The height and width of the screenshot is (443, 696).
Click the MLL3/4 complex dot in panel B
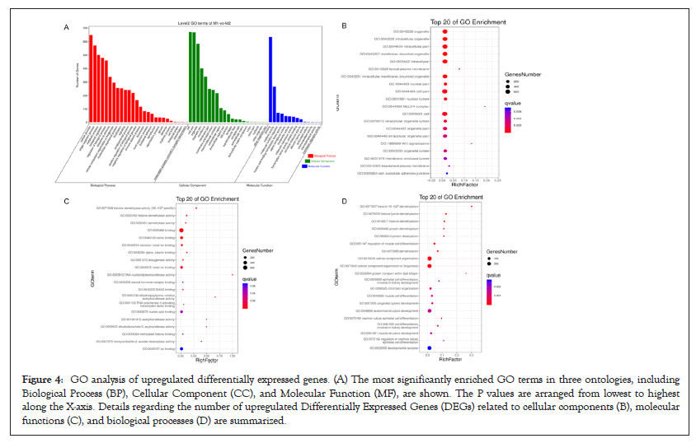pyautogui.click(x=485, y=106)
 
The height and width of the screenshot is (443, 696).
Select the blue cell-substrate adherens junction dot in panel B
pyautogui.click(x=447, y=173)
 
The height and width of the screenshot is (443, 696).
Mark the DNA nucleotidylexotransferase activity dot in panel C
pyautogui.click(x=233, y=275)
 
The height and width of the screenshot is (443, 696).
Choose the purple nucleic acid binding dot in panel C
pyautogui.click(x=181, y=312)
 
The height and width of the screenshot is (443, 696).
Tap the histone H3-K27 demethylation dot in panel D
pyautogui.click(x=471, y=207)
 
